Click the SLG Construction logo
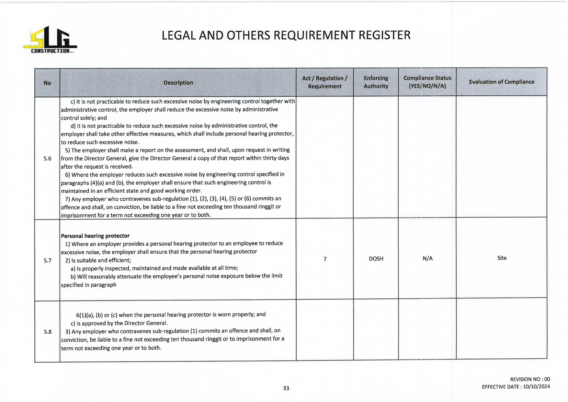point(50,40)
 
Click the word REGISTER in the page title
point(384,35)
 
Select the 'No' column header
point(47,83)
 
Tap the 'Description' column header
point(178,83)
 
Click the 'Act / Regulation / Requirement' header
point(324,82)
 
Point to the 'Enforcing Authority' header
point(376,82)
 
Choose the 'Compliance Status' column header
point(427,82)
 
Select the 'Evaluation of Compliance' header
point(501,82)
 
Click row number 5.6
point(48,159)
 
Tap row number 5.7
point(48,261)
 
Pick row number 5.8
point(48,332)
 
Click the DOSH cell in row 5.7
point(376,259)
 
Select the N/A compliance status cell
point(427,258)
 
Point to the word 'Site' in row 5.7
point(502,258)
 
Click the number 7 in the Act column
point(325,259)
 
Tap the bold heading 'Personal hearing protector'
point(95,236)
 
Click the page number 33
point(286,388)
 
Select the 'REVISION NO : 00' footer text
point(530,379)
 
